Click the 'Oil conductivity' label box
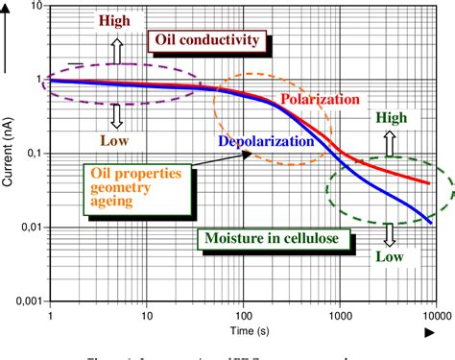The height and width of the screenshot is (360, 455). click(x=204, y=39)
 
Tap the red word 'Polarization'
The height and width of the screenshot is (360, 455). click(x=321, y=99)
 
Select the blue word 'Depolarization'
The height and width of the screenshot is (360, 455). click(x=266, y=140)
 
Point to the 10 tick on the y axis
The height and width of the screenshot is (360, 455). click(x=34, y=8)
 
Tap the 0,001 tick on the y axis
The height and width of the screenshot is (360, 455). click(x=24, y=300)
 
